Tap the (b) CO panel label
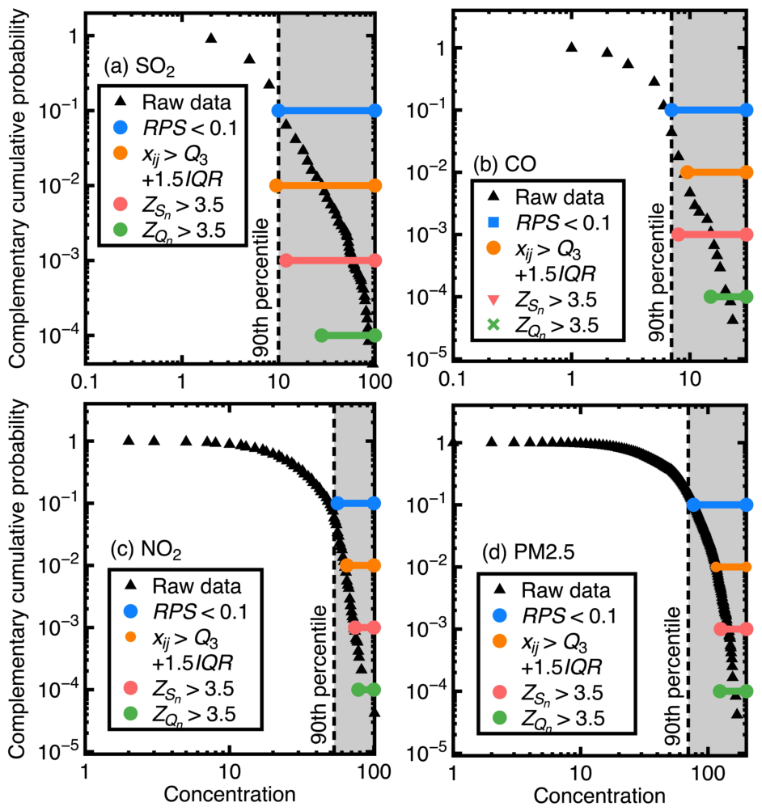click(505, 164)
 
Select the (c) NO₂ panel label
click(146, 549)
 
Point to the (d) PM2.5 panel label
click(528, 552)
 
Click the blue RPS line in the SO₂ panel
click(327, 110)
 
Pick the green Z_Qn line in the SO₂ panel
click(348, 336)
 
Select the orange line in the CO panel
click(717, 172)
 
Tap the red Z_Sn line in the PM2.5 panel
click(733, 629)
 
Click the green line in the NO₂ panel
click(366, 690)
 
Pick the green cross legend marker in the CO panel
click(493, 325)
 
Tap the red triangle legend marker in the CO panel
click(493, 299)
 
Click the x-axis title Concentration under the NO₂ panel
click(230, 794)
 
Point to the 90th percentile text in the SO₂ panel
click(262, 288)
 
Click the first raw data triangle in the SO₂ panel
click(210, 38)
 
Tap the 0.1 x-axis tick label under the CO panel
click(452, 378)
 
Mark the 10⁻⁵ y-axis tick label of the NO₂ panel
click(58, 750)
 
